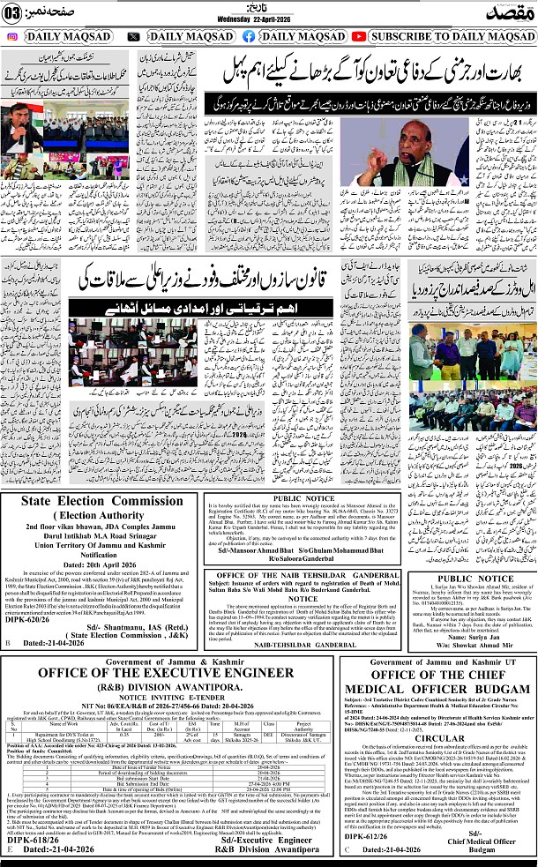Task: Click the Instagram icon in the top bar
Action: [11, 37]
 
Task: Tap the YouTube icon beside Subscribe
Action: [357, 37]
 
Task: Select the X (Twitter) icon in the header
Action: [133, 37]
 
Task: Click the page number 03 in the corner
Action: [11, 11]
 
